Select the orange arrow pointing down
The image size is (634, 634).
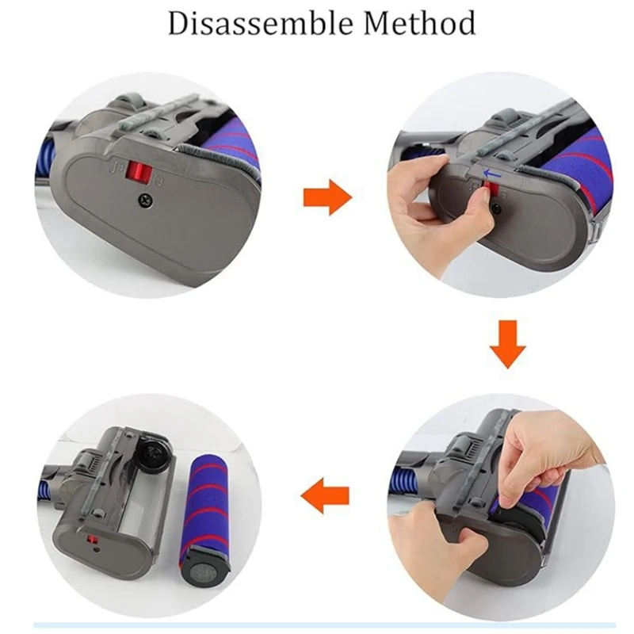[507, 344]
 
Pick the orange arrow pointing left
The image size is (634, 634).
[325, 497]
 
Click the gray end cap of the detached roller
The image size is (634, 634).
[204, 567]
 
